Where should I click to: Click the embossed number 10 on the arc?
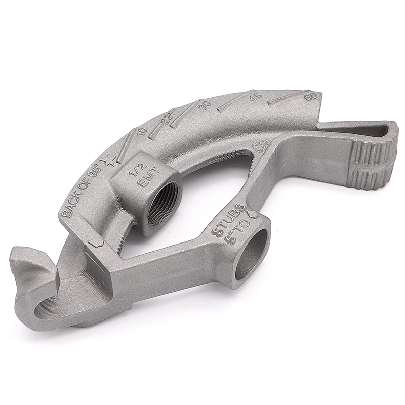141,131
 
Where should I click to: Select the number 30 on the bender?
205,104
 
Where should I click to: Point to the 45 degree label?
256,96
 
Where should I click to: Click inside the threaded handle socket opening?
163,205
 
